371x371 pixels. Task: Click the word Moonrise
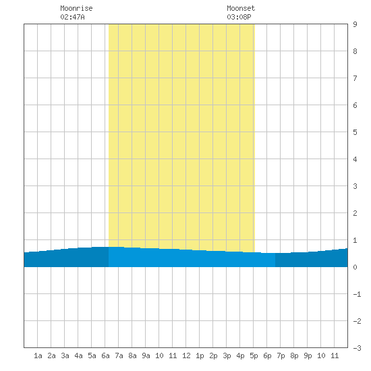[x=76, y=8]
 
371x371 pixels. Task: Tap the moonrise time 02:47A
[x=72, y=17]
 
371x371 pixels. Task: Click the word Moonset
[x=241, y=8]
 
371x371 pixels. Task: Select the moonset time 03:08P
[x=239, y=17]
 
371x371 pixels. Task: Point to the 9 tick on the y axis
[x=355, y=24]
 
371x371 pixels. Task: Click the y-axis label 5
[x=355, y=132]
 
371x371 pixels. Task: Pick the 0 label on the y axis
[x=355, y=267]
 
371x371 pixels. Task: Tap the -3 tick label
[x=357, y=348]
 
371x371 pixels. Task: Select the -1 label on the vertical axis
[x=357, y=294]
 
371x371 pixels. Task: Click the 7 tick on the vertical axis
[x=355, y=78]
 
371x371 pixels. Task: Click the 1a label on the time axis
[x=38, y=355]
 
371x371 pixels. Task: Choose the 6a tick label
[x=105, y=355]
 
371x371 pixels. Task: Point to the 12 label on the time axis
[x=186, y=355]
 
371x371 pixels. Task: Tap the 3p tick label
[x=227, y=355]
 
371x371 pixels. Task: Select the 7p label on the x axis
[x=281, y=355]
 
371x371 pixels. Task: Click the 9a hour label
[x=146, y=355]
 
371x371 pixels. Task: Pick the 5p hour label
[x=254, y=355]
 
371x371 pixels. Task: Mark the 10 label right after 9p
[x=321, y=355]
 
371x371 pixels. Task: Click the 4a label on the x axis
[x=78, y=355]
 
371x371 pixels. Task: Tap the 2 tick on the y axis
[x=355, y=213]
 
